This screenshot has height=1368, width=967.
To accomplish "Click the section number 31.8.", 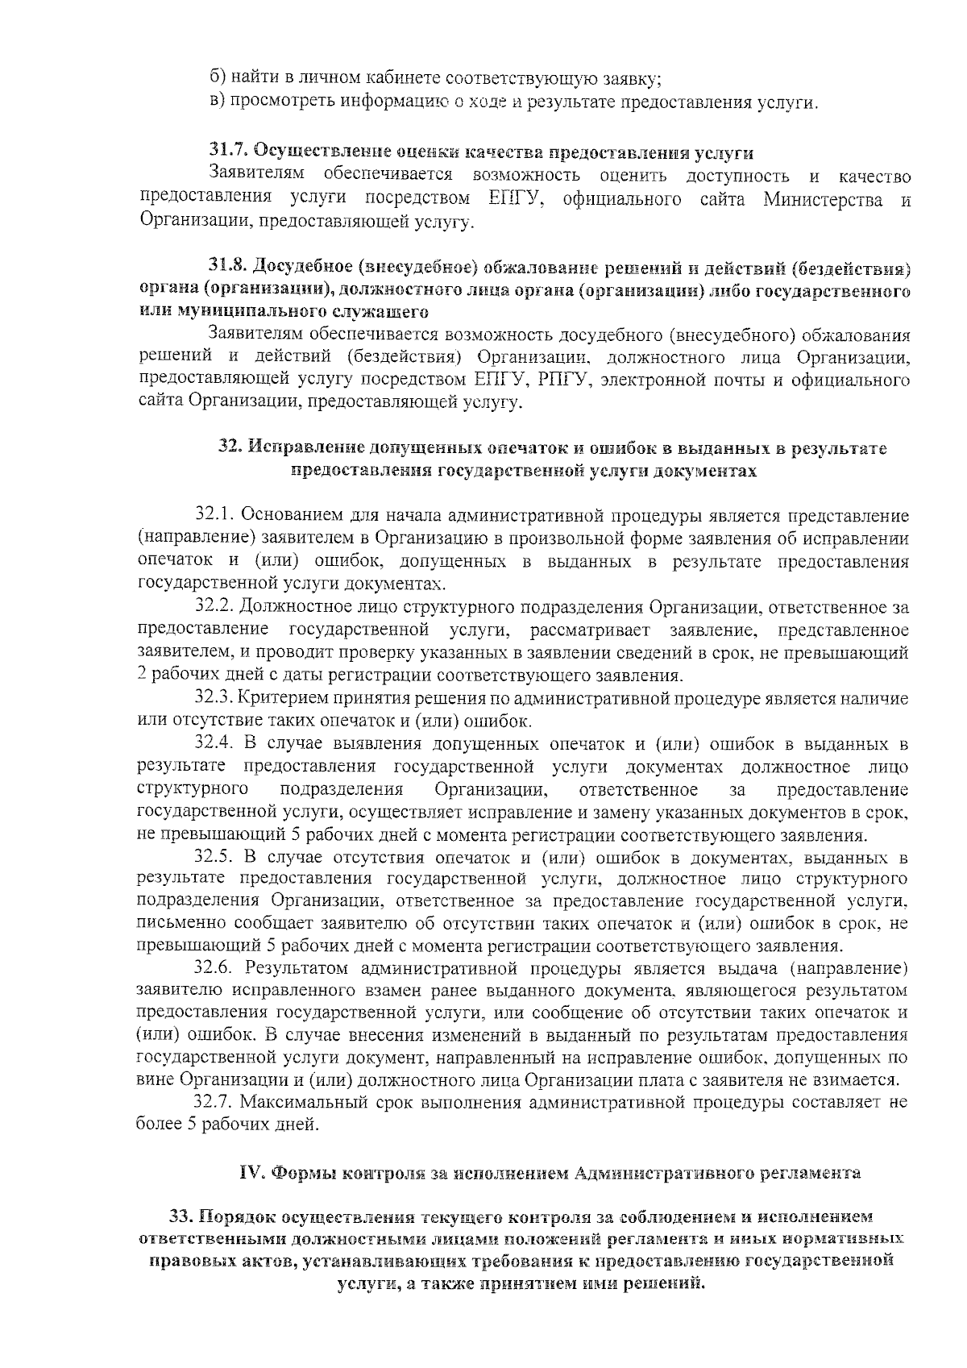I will point(228,265).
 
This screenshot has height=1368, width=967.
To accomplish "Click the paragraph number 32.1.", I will point(213,515).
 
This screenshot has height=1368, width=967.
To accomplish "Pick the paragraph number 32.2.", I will point(213,607).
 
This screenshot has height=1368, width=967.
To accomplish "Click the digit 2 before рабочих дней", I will point(143,676).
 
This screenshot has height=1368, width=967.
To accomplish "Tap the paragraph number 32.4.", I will point(213,743).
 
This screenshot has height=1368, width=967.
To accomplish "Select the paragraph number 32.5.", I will point(213,857).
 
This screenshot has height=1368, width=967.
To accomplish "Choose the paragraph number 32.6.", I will point(213,968).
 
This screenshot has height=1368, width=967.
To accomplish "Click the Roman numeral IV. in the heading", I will point(252,1173).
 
